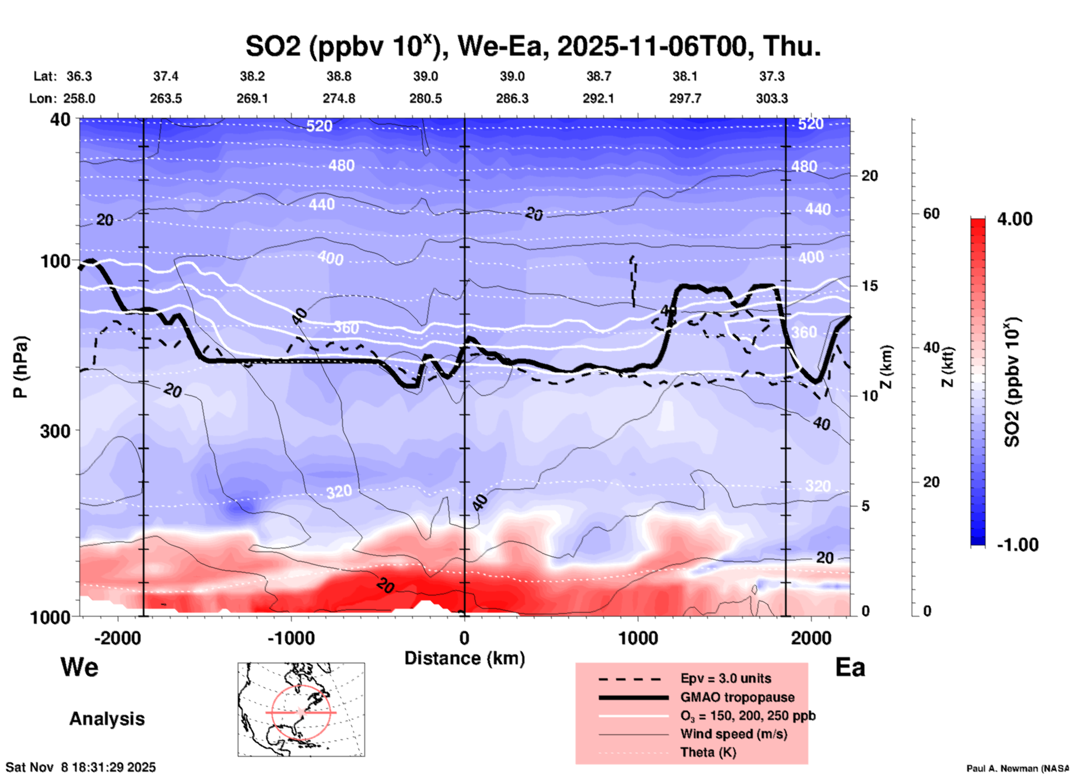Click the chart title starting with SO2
pyautogui.click(x=533, y=46)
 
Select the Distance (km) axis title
pyautogui.click(x=464, y=658)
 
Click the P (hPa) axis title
pyautogui.click(x=20, y=367)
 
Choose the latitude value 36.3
pyautogui.click(x=79, y=76)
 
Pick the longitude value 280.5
pyautogui.click(x=426, y=99)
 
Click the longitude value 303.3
pyautogui.click(x=772, y=99)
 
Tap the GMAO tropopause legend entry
pyautogui.click(x=737, y=697)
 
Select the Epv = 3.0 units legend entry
pyautogui.click(x=726, y=679)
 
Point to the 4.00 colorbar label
pyautogui.click(x=1014, y=219)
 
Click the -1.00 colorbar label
pyautogui.click(x=1017, y=545)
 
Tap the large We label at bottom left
pyautogui.click(x=79, y=667)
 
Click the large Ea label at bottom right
pyautogui.click(x=850, y=668)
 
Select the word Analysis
pyautogui.click(x=107, y=719)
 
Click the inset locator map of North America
pyautogui.click(x=301, y=709)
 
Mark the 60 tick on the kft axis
pyautogui.click(x=931, y=213)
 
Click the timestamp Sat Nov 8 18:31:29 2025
pyautogui.click(x=81, y=767)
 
